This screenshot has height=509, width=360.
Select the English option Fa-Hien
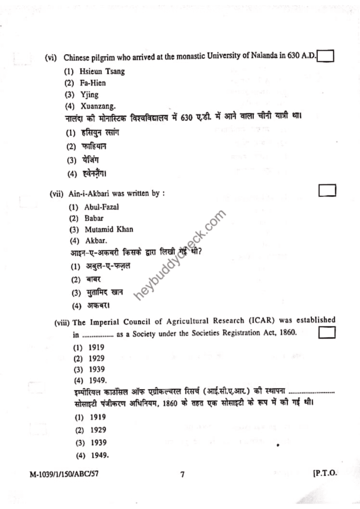pos(92,83)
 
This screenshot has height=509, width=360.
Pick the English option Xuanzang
pos(97,106)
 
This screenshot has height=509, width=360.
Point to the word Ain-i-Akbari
pos(86,194)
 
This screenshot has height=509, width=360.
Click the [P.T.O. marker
pos(325,474)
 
